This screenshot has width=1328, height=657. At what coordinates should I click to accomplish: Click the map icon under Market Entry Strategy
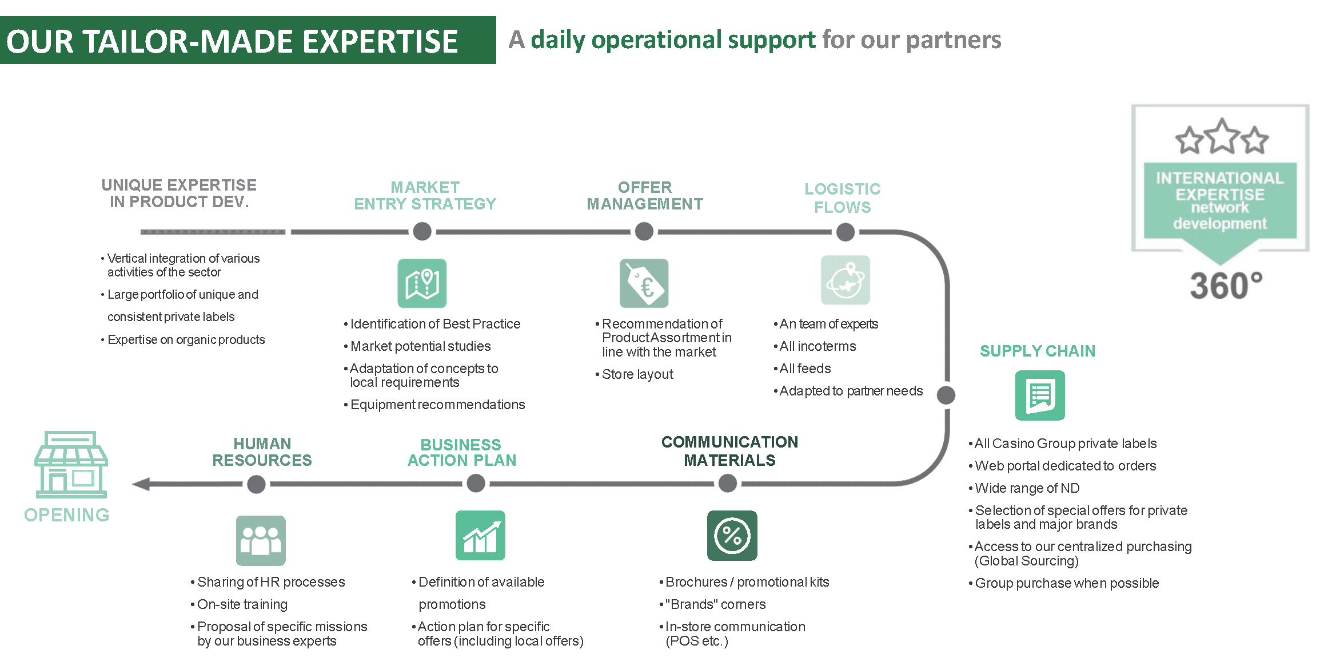click(x=422, y=283)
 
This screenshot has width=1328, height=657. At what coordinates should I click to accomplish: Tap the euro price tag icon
click(x=644, y=283)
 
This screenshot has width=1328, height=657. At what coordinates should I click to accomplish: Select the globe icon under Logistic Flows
click(x=846, y=280)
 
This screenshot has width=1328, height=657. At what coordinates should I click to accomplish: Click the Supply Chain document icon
click(x=1040, y=395)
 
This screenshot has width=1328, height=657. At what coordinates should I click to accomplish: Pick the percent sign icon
click(x=732, y=536)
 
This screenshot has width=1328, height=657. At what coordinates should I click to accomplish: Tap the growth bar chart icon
click(x=480, y=536)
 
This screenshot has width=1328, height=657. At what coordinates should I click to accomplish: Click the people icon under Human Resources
click(x=261, y=541)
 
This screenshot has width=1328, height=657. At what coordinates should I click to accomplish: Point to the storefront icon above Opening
click(x=71, y=465)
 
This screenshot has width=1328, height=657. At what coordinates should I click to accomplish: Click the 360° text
click(x=1226, y=286)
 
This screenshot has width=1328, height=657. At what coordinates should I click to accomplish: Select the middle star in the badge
click(x=1222, y=136)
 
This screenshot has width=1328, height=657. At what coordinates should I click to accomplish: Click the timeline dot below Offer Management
click(x=644, y=232)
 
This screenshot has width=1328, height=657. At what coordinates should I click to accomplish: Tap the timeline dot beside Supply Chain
click(x=946, y=395)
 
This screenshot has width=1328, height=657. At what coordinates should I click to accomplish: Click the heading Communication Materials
click(x=730, y=451)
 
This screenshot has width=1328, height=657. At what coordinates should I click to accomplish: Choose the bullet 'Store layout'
click(x=634, y=374)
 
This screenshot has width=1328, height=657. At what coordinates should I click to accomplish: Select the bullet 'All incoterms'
click(x=815, y=346)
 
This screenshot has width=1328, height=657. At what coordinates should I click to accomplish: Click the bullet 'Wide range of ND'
click(x=1024, y=488)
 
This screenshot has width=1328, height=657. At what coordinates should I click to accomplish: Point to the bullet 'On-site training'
click(x=239, y=604)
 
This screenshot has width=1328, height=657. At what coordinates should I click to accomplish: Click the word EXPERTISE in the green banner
click(x=380, y=42)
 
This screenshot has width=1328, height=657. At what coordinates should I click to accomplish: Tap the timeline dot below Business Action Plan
click(x=476, y=484)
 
